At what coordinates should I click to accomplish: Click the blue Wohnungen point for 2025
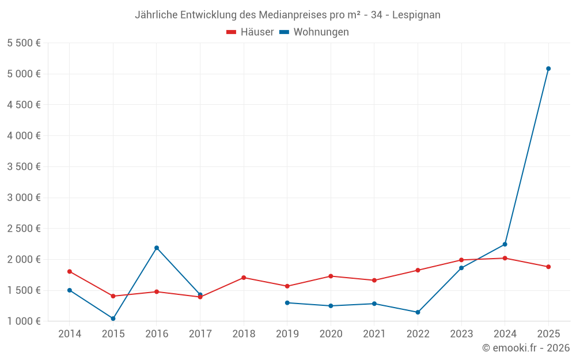pos(548,69)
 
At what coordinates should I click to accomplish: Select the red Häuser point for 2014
pos(70,271)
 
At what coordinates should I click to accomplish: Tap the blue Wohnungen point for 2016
pos(157,248)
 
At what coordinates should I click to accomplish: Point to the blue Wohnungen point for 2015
pos(113,319)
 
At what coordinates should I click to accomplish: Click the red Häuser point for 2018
pos(244,278)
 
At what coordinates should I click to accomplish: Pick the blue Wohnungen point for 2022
pos(418,312)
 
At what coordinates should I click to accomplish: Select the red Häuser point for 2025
pos(548,267)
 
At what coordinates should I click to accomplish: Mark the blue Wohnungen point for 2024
pos(505,244)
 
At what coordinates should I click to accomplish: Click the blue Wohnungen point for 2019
pos(287,302)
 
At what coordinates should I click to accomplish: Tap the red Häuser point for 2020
pos(331,276)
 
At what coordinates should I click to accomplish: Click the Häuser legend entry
pos(250,32)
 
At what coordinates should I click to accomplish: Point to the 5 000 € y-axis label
pos(24,74)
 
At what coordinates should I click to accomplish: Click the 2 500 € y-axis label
pos(24,228)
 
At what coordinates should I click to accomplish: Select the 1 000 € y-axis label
pos(24,321)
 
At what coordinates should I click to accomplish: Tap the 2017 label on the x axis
pos(200,334)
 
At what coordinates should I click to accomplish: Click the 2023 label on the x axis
pos(461,334)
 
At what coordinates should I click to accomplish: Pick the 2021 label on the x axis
pos(374,334)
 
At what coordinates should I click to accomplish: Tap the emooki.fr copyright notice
pos(526,348)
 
